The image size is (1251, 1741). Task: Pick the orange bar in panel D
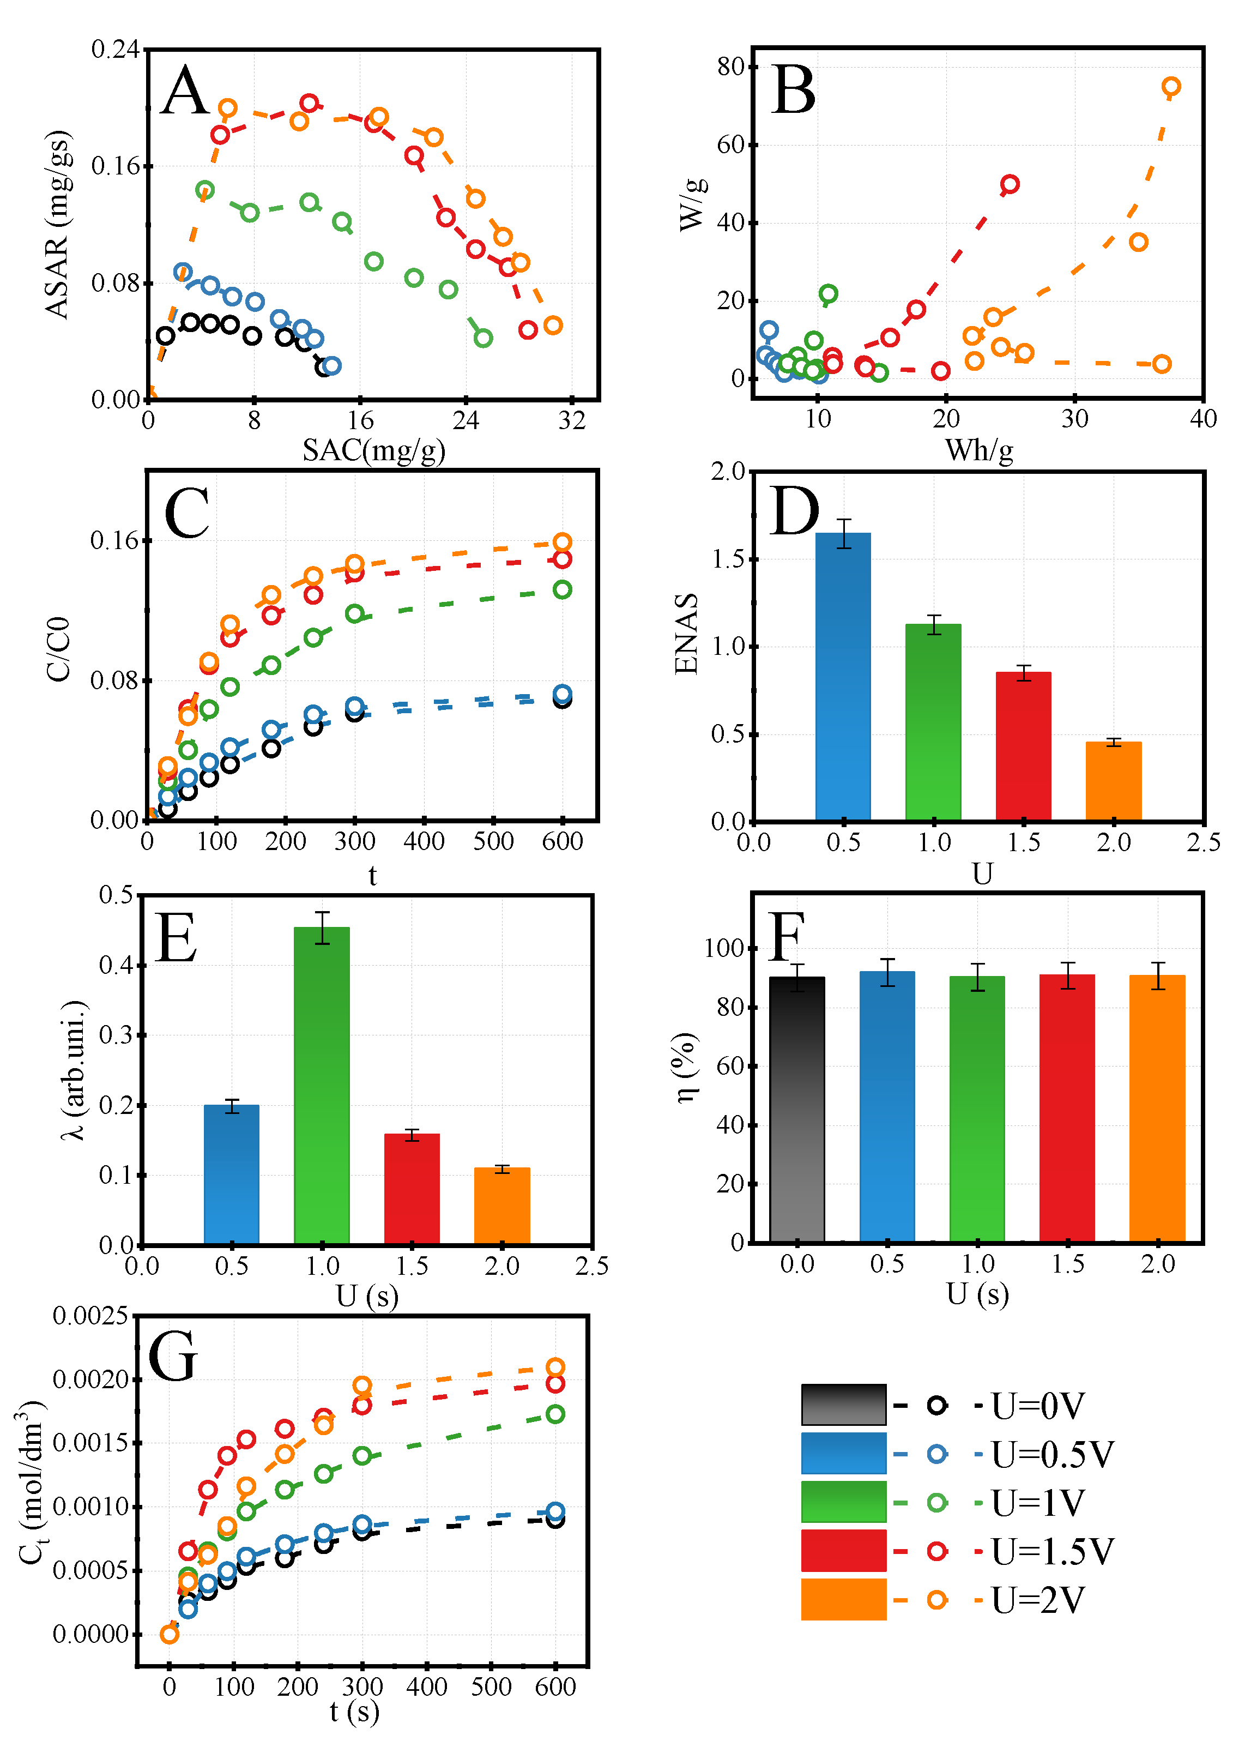pyautogui.click(x=1113, y=781)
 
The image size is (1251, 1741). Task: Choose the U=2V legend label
pyautogui.click(x=1038, y=1600)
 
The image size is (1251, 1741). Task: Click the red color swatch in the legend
pyautogui.click(x=843, y=1551)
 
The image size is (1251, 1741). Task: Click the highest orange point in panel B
pyautogui.click(x=1170, y=87)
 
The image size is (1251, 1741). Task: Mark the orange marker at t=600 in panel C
pyautogui.click(x=562, y=543)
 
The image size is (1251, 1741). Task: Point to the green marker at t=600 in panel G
pyautogui.click(x=555, y=1414)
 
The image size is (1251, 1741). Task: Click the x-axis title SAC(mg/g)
pyautogui.click(x=374, y=450)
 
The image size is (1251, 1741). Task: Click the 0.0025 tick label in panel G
pyautogui.click(x=90, y=1316)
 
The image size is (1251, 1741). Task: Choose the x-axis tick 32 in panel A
pyautogui.click(x=572, y=421)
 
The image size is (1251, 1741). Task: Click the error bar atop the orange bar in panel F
pyautogui.click(x=1157, y=975)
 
